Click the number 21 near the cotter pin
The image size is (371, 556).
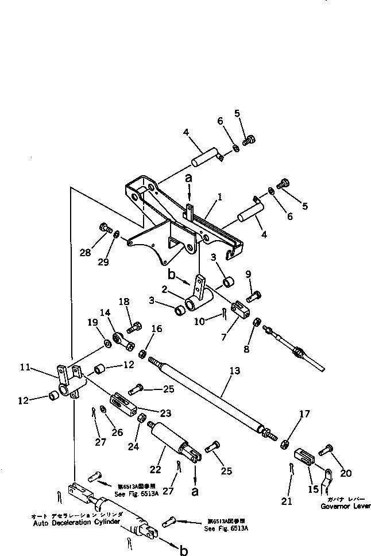[x=287, y=501]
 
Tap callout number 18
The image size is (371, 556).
[x=124, y=302]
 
